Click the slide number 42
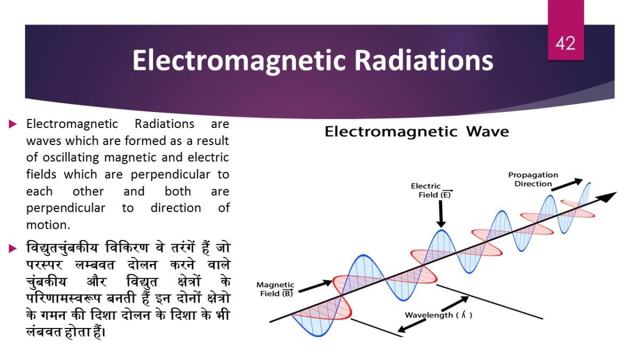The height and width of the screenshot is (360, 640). (565, 44)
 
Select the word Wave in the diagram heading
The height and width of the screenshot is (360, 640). (487, 132)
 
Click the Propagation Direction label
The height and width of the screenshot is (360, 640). (533, 179)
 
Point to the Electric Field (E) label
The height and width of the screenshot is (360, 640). (431, 190)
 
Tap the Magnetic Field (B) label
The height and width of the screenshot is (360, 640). (275, 289)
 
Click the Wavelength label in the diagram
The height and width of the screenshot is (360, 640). (429, 315)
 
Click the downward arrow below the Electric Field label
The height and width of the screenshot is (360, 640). (441, 214)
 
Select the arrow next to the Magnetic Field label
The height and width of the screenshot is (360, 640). (315, 286)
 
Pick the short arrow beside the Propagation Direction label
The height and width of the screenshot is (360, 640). (567, 185)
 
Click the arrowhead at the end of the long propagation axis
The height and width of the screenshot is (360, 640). (608, 197)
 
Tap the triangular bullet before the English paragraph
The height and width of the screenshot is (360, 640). (13, 124)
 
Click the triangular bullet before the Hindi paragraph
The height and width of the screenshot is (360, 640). (13, 249)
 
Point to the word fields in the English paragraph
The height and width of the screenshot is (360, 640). (41, 174)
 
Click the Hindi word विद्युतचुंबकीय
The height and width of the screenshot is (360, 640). (62, 248)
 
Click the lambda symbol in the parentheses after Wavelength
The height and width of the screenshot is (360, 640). (463, 315)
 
